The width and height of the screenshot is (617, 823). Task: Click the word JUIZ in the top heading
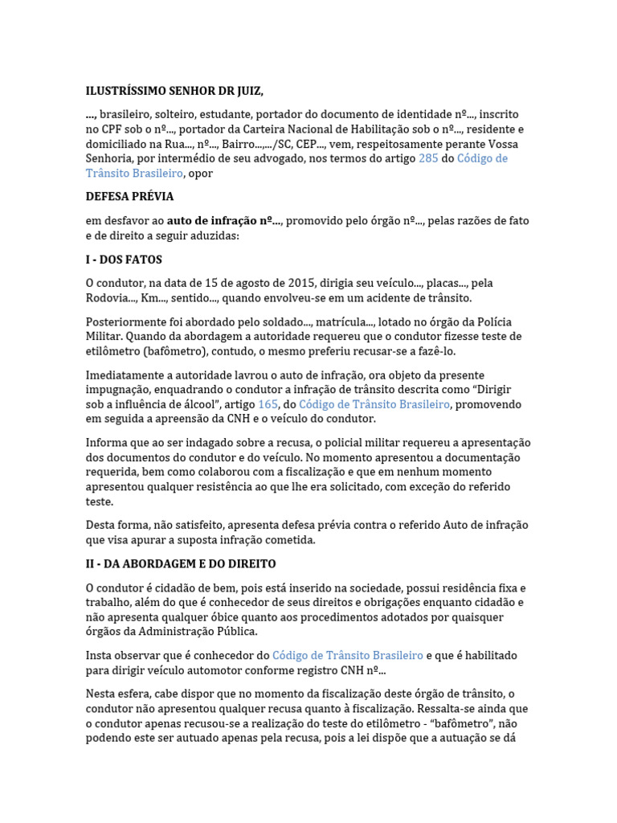[x=243, y=91]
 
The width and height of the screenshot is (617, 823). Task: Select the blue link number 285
[x=428, y=158]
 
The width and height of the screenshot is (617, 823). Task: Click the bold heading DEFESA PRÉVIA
[x=129, y=196]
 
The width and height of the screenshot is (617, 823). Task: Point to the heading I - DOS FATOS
[x=124, y=260]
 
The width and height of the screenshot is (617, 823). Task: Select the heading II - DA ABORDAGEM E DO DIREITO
[x=181, y=563]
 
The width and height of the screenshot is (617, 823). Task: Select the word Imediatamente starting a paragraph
[x=126, y=375]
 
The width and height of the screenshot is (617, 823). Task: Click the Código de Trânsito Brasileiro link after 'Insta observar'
[x=347, y=656]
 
